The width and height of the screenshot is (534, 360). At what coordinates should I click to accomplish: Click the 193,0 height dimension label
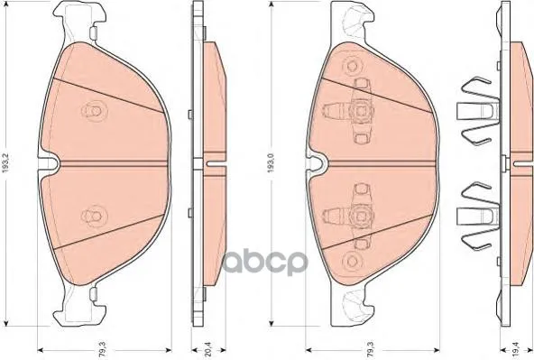click(272, 163)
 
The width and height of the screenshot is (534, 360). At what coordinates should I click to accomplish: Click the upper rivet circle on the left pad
click(95, 111)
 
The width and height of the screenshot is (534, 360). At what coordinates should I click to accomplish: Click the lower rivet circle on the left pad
click(95, 216)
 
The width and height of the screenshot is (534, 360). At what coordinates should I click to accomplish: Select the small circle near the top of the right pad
click(352, 65)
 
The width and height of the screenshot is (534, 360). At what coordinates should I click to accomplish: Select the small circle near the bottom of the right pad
click(352, 262)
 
